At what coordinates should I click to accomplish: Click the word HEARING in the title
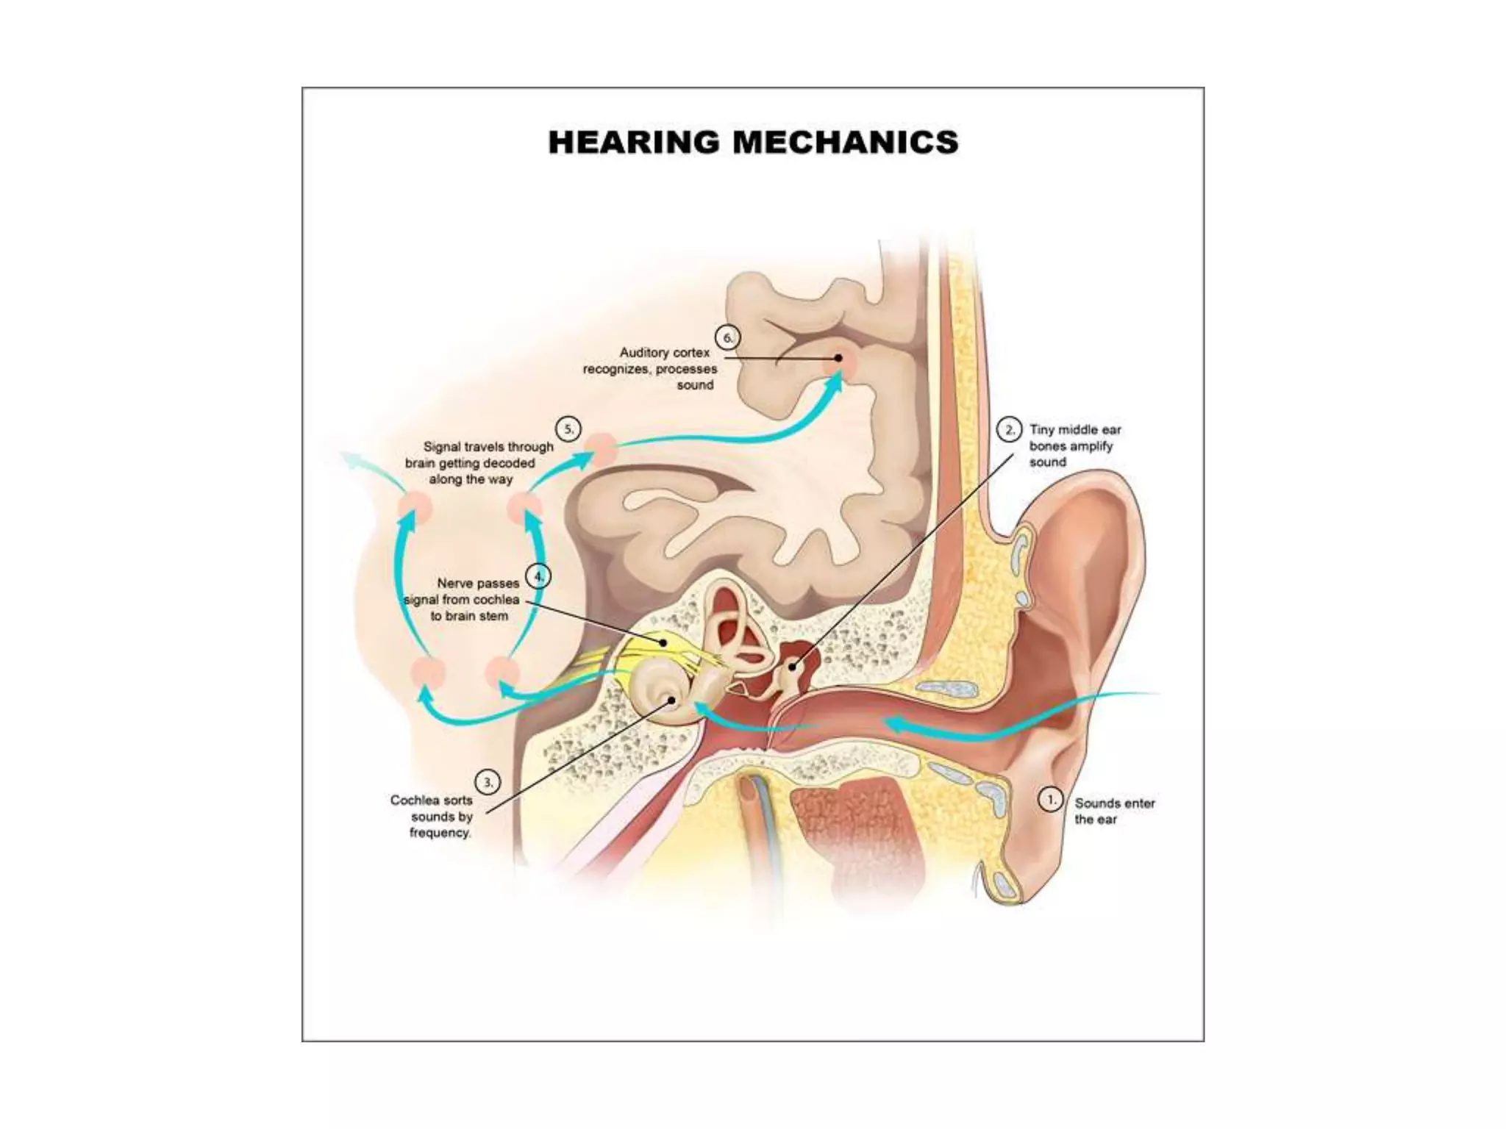(633, 143)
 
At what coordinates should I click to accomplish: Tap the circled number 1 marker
(1050, 800)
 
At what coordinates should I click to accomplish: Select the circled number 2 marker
(1009, 430)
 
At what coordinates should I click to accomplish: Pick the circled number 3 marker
(488, 783)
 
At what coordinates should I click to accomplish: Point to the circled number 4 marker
(539, 576)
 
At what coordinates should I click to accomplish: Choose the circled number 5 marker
(568, 429)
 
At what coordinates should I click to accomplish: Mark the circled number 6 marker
(728, 338)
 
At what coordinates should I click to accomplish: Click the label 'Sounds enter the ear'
(1114, 811)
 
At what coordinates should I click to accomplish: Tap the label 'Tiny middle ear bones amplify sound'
(1074, 446)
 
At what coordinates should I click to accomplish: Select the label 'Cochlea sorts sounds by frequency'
(434, 816)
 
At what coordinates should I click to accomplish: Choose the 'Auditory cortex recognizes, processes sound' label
(650, 369)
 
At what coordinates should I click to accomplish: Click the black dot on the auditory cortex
(838, 358)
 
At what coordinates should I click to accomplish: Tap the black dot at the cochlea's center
(671, 700)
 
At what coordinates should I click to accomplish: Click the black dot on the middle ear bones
(793, 667)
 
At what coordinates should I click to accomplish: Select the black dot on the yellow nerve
(663, 642)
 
